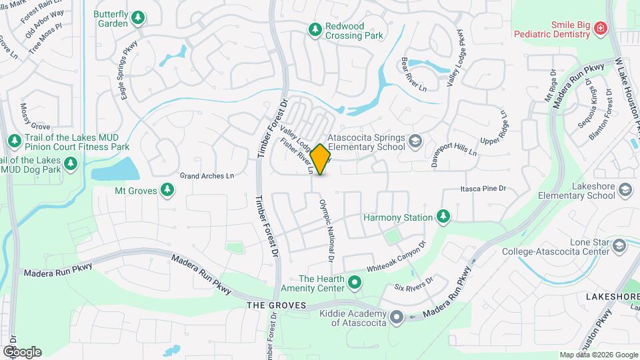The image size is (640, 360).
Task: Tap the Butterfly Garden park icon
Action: point(138,17)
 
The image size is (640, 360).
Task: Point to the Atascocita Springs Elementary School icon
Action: point(415,141)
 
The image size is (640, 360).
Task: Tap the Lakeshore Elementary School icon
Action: point(625,190)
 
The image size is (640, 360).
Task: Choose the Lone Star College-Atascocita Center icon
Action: point(620,247)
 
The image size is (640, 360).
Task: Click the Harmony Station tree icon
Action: point(443,217)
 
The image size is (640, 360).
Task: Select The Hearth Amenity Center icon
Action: point(355,283)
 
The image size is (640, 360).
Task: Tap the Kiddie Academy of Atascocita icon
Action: point(397,317)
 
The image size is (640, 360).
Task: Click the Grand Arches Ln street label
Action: point(207,176)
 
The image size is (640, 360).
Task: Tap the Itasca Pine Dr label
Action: point(483,189)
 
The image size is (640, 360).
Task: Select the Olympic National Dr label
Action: point(327,230)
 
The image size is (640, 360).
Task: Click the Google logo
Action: point(22,351)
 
